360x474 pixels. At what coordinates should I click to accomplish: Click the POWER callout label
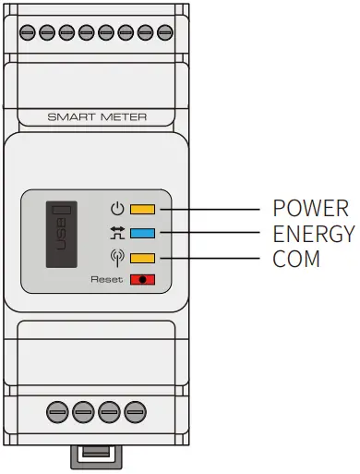coord(310,208)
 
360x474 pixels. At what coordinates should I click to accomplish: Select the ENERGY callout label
coord(314,234)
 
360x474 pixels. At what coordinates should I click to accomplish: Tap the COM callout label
coord(296,260)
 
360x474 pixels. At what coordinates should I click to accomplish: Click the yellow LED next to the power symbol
coord(142,209)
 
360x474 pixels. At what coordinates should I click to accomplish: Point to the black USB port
coord(63,236)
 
